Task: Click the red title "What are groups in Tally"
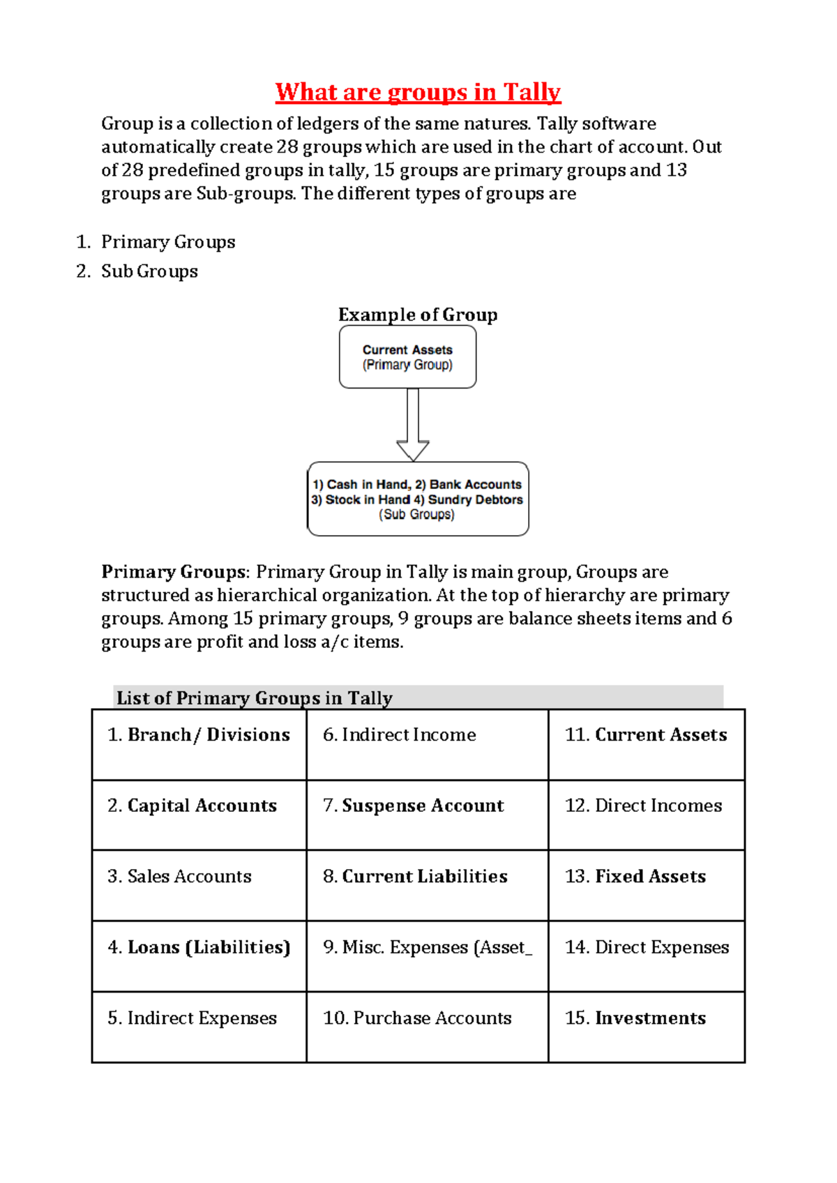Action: pos(418,92)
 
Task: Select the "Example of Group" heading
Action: pos(418,315)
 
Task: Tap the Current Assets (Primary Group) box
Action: pos(407,357)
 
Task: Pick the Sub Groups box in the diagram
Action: pos(418,499)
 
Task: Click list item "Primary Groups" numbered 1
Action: pos(168,242)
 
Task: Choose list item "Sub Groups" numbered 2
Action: pos(149,271)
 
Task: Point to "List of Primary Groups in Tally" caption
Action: pos(255,698)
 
